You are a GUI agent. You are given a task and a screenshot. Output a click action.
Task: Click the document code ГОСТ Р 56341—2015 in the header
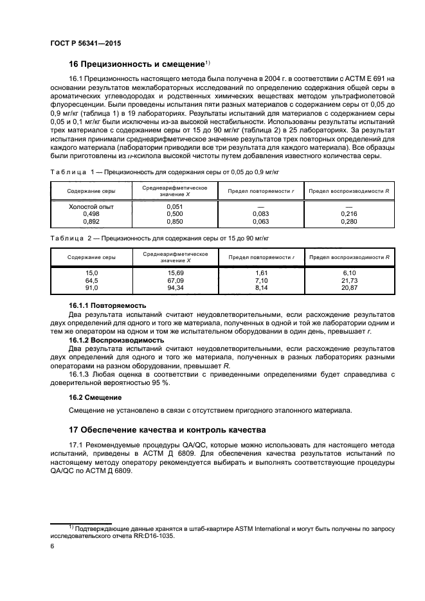pos(85,43)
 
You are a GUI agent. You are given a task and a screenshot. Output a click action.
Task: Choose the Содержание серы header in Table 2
pos(91,256)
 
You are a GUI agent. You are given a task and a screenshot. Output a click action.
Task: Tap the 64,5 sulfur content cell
pos(91,281)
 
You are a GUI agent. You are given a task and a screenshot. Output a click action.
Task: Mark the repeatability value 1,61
pos(260,273)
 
